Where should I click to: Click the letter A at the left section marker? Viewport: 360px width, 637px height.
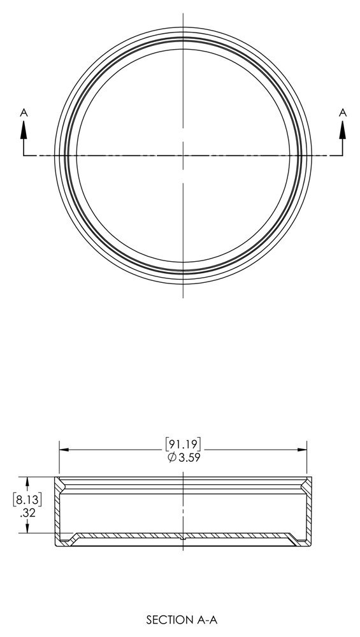coord(24,113)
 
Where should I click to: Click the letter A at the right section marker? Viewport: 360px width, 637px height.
coord(343,113)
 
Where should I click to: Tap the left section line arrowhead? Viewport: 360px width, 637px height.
coord(24,129)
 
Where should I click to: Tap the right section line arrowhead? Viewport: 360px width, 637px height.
coord(343,129)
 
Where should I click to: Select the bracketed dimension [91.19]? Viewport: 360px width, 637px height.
coord(184,443)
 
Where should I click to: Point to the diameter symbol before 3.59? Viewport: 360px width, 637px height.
coord(171,457)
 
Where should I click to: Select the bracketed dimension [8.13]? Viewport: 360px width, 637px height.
coord(27,499)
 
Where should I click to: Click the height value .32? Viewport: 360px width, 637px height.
coord(27,513)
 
